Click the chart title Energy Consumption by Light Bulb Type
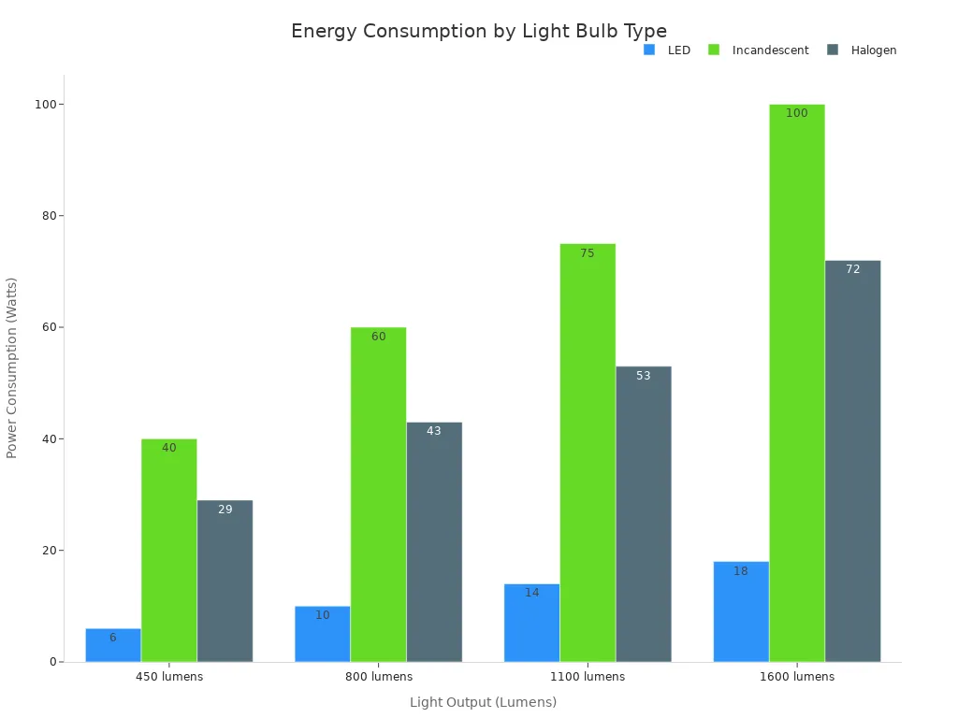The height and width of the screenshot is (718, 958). pos(478,31)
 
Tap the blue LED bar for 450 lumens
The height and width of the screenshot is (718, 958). pos(113,646)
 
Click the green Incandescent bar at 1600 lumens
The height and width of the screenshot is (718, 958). pos(796,383)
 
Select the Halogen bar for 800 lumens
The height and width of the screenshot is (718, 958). pos(434,542)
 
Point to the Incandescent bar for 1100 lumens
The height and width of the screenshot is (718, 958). pos(588,453)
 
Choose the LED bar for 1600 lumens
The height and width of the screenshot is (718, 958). pos(740,612)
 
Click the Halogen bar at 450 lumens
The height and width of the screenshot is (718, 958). pos(225,582)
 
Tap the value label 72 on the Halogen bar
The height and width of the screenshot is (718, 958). pos(852,269)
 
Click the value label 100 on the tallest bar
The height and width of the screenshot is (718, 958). pos(796,113)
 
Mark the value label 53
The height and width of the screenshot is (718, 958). pos(643,376)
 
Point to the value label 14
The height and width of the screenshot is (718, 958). pos(531,593)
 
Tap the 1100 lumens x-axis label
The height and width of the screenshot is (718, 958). pos(588,677)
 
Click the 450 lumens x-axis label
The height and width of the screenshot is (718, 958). pos(168,677)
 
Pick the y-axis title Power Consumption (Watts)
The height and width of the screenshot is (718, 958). pos(12,367)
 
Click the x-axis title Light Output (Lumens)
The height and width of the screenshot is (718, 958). pos(483,702)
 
